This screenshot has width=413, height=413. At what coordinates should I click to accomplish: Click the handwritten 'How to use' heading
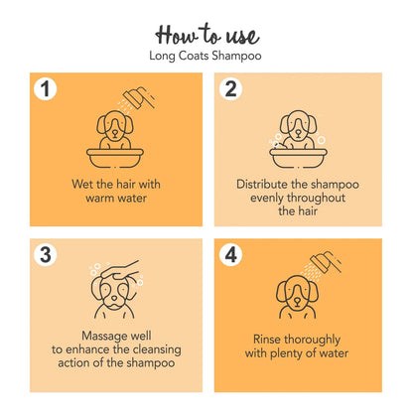tap(206, 34)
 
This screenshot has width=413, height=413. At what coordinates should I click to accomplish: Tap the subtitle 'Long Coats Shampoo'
tap(206, 56)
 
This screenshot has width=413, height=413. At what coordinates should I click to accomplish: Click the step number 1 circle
tap(45, 88)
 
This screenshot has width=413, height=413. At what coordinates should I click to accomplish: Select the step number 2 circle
tap(230, 88)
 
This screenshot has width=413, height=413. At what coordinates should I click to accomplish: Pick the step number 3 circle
tap(45, 255)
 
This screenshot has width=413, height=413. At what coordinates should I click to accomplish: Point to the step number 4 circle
tap(230, 255)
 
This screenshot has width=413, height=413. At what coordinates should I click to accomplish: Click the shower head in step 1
tap(139, 97)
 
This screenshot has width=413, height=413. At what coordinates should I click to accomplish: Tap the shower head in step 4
tap(326, 261)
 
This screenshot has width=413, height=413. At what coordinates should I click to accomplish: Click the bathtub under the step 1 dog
tap(115, 158)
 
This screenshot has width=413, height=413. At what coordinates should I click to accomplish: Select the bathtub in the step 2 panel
tap(298, 158)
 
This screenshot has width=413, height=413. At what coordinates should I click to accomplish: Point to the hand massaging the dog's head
tap(120, 271)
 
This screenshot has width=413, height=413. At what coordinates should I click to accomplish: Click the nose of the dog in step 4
tap(298, 301)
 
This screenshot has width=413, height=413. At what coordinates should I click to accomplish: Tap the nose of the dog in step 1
tap(114, 131)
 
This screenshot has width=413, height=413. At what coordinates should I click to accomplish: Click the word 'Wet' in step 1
tap(82, 184)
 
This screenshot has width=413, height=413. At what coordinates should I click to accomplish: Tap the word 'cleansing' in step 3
tap(157, 350)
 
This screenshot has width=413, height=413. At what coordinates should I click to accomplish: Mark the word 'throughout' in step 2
tap(316, 199)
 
